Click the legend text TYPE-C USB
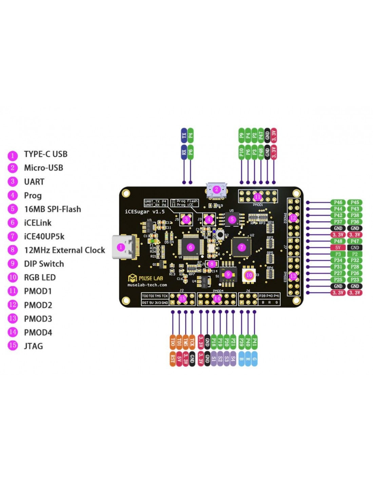coord(45,154)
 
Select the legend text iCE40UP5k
coord(44,237)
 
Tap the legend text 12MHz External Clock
coord(64,250)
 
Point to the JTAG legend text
coord(33,346)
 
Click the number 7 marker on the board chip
coord(241,247)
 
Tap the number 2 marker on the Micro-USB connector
coord(217,189)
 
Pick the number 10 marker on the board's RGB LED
coord(249,275)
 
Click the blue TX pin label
coord(184,136)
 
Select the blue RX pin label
coord(184,152)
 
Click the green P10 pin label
coord(241,152)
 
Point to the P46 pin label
coord(338,202)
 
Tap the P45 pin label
coord(355,202)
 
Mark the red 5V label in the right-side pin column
coord(338,247)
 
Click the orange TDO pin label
coord(173,342)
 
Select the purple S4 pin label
coord(233,358)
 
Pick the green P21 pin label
coord(233,342)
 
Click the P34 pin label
coord(338,260)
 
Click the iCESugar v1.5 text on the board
coord(145,212)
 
